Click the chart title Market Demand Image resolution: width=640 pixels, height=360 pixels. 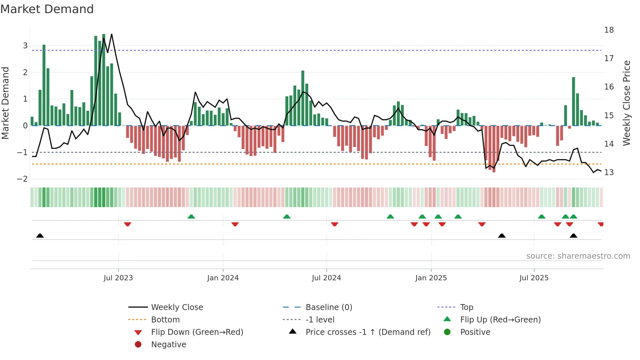tap(47, 9)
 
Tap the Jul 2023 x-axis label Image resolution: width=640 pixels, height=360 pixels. tap(118, 278)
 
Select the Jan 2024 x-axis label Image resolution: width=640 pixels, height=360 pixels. tap(223, 278)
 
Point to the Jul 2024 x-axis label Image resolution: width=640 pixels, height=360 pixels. tap(326, 278)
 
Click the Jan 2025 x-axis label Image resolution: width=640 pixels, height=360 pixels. tap(431, 278)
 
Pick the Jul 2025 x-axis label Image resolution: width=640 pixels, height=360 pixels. tap(534, 278)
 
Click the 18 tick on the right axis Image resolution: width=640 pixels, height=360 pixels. tap(609, 30)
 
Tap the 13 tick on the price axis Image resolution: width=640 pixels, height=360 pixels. tap(609, 172)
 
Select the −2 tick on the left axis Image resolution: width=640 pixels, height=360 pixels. tap(22, 179)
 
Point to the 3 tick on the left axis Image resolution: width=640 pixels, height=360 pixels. tap(25, 46)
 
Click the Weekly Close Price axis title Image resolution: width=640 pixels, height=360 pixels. tap(626, 103)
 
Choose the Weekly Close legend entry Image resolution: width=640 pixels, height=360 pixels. tap(177, 307)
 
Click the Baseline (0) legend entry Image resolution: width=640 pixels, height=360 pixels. tap(328, 307)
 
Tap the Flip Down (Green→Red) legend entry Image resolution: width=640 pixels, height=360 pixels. tap(197, 332)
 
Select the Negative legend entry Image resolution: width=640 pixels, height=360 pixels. tap(168, 345)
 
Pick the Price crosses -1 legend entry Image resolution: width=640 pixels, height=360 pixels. tap(368, 332)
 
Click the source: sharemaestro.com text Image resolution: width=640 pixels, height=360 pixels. tap(578, 256)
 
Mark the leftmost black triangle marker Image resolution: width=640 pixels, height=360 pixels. tap(40, 236)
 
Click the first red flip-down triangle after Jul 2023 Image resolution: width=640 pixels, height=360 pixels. tap(128, 224)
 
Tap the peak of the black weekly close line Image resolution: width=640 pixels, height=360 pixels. tap(112, 34)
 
